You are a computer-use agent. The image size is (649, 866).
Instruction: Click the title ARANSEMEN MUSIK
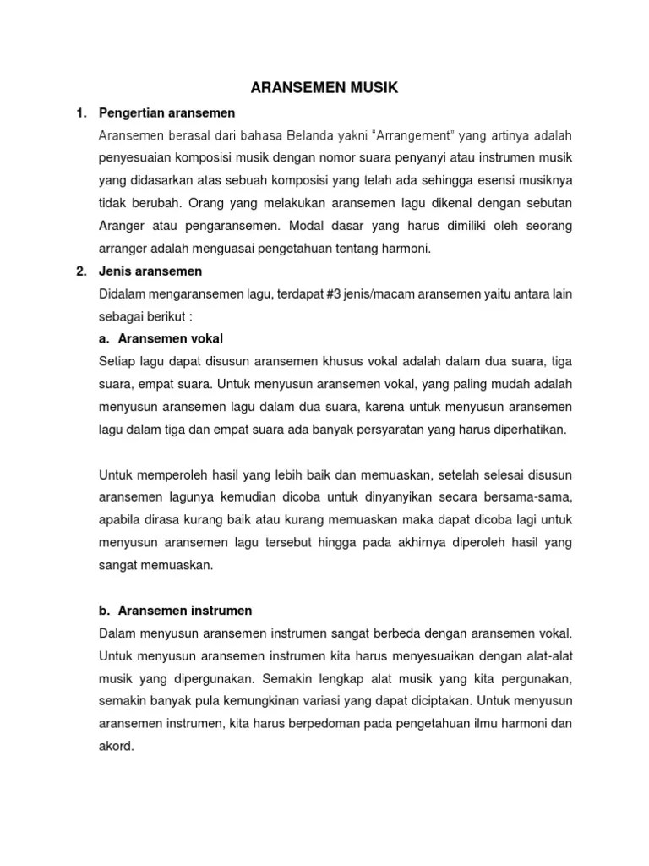click(324, 87)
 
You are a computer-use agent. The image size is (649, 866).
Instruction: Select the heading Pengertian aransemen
click(167, 112)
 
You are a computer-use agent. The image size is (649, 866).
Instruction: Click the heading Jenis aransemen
click(150, 271)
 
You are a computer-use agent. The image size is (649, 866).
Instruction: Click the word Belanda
click(303, 134)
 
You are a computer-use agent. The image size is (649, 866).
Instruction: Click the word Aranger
click(123, 226)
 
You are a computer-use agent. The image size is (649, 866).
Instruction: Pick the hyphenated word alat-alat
click(545, 655)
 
